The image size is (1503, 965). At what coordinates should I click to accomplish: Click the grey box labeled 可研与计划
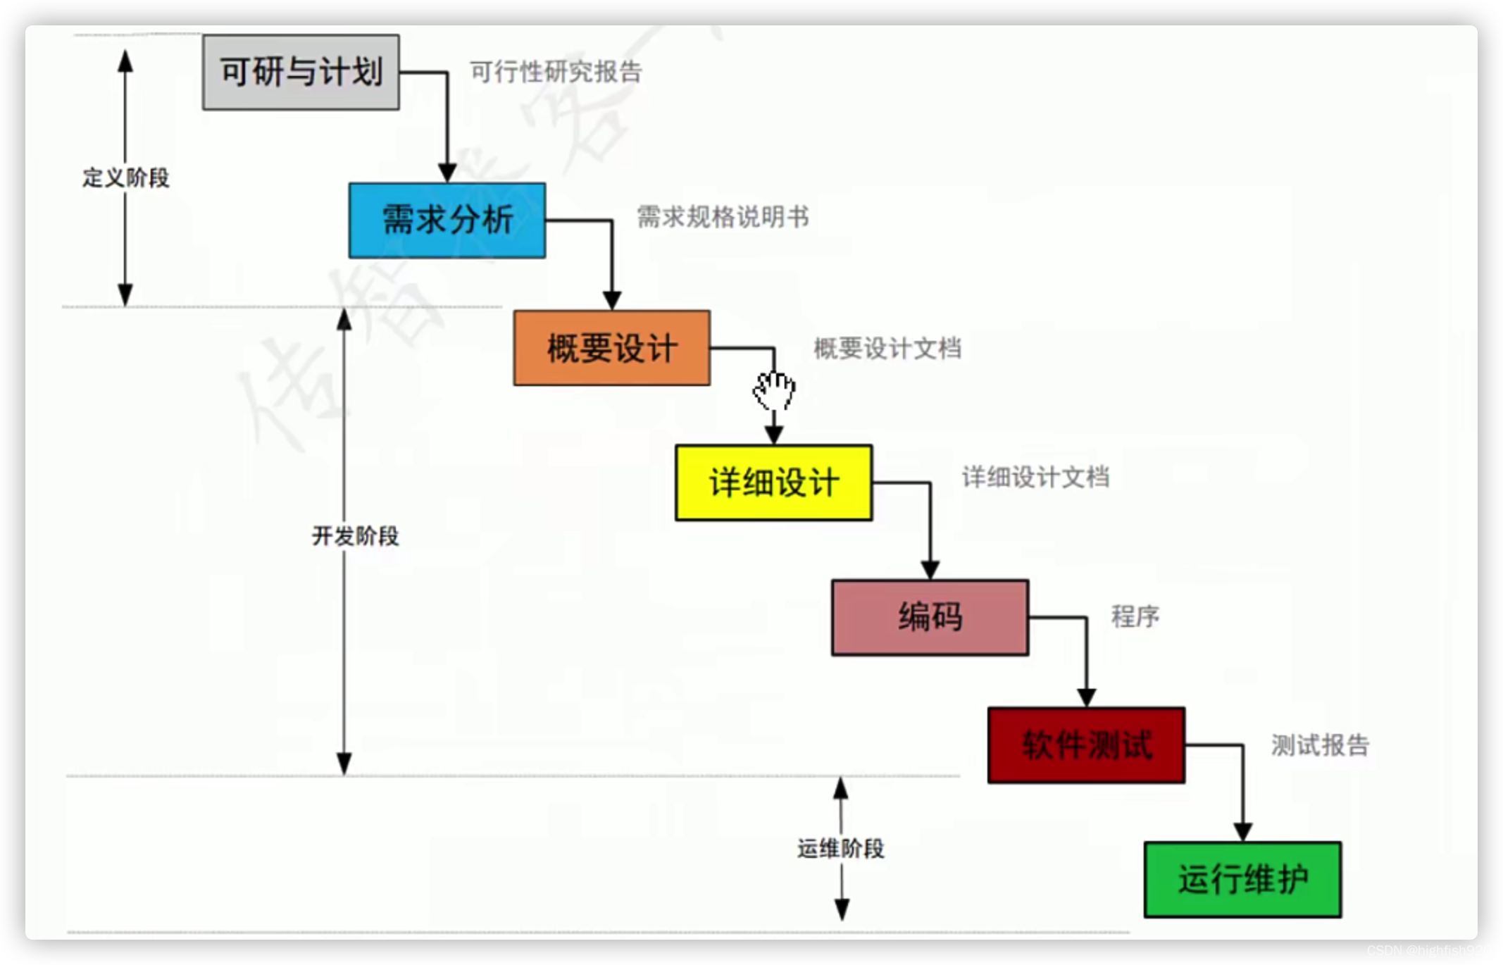coord(301,72)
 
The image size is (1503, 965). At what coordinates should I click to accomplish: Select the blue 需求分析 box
coord(447,220)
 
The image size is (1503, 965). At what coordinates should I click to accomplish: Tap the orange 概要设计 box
coord(611,348)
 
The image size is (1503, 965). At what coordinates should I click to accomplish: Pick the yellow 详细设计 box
coord(773,482)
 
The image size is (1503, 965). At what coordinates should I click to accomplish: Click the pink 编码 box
coord(930,617)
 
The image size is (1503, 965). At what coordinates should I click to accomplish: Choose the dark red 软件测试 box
coord(1086,745)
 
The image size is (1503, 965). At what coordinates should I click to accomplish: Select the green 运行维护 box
coord(1242,879)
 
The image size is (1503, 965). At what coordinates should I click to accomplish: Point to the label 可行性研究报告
coord(556,72)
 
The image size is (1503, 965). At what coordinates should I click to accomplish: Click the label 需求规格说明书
coord(723,217)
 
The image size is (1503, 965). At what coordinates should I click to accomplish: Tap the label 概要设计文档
coord(887,348)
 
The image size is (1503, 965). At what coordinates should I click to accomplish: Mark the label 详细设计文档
coord(1035,478)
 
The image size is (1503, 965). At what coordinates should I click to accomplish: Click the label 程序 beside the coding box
coord(1135,616)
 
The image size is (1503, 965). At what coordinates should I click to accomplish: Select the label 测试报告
coord(1320,745)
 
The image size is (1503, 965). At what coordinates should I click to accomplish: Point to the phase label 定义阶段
coord(126,178)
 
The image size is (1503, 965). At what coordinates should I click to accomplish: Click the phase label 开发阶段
coord(355,536)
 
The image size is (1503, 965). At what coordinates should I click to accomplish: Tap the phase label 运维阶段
coord(840,849)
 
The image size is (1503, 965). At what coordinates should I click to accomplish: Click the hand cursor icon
coord(774,390)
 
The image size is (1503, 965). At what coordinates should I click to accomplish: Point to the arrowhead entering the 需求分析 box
coord(447,173)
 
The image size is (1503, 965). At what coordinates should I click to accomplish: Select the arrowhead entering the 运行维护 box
coord(1242,831)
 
